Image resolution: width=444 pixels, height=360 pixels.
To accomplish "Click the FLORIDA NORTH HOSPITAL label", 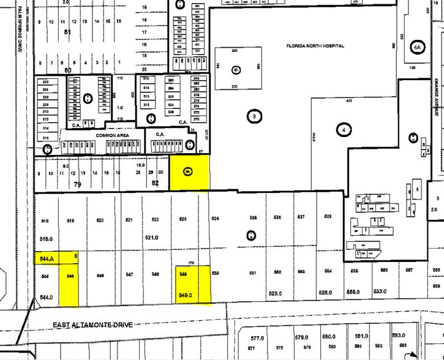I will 315,46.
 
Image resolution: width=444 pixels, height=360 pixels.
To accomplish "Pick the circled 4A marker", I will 418,47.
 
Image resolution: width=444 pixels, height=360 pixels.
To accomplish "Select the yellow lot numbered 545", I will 70,276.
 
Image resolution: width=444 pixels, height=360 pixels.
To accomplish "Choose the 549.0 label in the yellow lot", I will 185,296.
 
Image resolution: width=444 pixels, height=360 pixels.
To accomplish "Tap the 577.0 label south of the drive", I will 257,337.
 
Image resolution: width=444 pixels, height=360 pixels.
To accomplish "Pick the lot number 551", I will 252,273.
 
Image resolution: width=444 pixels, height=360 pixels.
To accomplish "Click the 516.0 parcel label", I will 46,239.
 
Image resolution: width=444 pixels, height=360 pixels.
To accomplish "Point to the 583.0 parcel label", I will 399,335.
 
